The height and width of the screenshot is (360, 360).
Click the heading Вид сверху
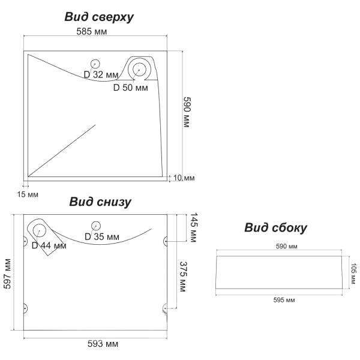99,17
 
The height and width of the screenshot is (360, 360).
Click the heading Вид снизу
100,202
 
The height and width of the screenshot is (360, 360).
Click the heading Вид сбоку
275,228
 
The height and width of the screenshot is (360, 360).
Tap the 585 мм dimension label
92,31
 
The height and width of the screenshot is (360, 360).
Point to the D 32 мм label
101,74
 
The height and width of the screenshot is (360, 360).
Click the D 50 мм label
131,88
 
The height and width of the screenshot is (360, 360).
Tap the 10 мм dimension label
184,178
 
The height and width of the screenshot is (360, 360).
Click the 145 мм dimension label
193,227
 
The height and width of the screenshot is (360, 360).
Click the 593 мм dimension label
103,344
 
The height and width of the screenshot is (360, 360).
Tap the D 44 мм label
49,245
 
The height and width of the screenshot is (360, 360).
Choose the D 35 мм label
102,237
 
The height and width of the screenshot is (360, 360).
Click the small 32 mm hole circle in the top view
94,63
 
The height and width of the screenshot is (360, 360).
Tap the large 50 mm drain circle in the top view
139,68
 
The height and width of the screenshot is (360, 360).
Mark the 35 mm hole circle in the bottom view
94,226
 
